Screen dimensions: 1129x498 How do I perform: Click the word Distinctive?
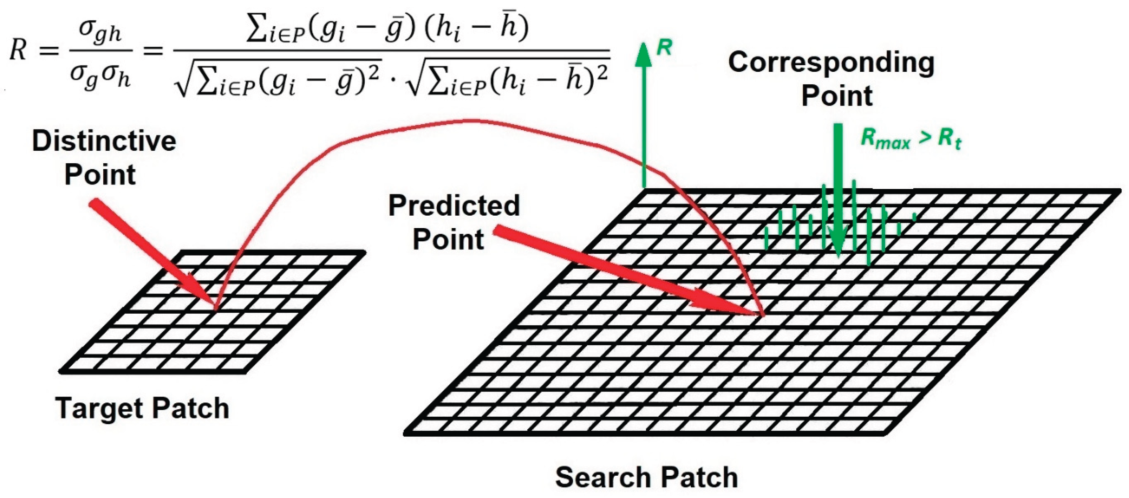pyautogui.click(x=104, y=141)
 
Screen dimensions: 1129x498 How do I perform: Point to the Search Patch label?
pyautogui.click(x=647, y=477)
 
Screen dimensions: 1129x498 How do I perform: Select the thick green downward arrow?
pyautogui.click(x=838, y=191)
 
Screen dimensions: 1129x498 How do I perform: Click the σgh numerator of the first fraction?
pyautogui.click(x=100, y=33)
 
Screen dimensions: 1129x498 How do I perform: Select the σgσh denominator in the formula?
pyautogui.click(x=100, y=78)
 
